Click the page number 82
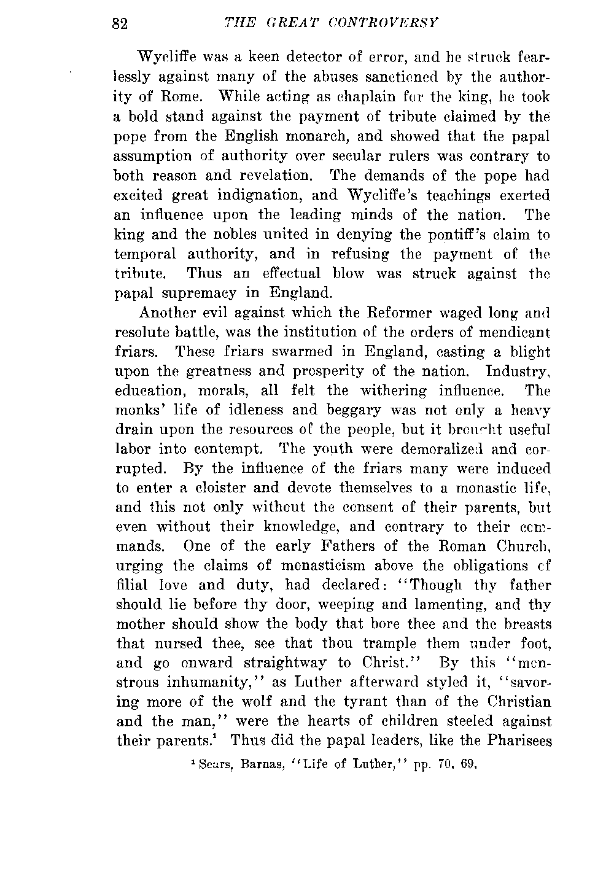coord(119,24)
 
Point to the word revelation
coord(270,176)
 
